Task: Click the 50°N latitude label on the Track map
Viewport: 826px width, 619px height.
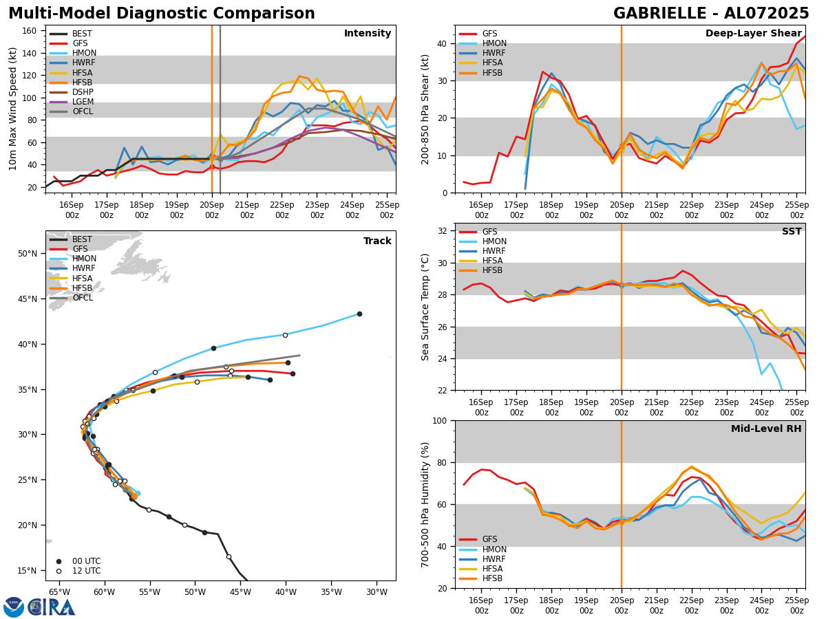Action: (27, 254)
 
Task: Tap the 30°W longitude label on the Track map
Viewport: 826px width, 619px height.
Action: (377, 592)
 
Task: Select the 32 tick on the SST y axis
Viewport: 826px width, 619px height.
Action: (444, 231)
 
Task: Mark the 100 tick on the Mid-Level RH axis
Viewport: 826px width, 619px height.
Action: (441, 420)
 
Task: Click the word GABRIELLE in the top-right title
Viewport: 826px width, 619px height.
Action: (661, 14)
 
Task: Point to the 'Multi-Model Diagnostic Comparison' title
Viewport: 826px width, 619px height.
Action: (162, 14)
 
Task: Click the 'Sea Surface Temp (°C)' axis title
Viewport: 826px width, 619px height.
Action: (426, 307)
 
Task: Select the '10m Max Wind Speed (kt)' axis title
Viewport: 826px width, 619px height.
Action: (12, 109)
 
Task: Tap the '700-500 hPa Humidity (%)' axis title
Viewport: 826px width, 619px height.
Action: (426, 504)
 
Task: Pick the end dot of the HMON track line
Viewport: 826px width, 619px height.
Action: (359, 314)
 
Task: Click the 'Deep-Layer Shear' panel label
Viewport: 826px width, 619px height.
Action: (753, 34)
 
